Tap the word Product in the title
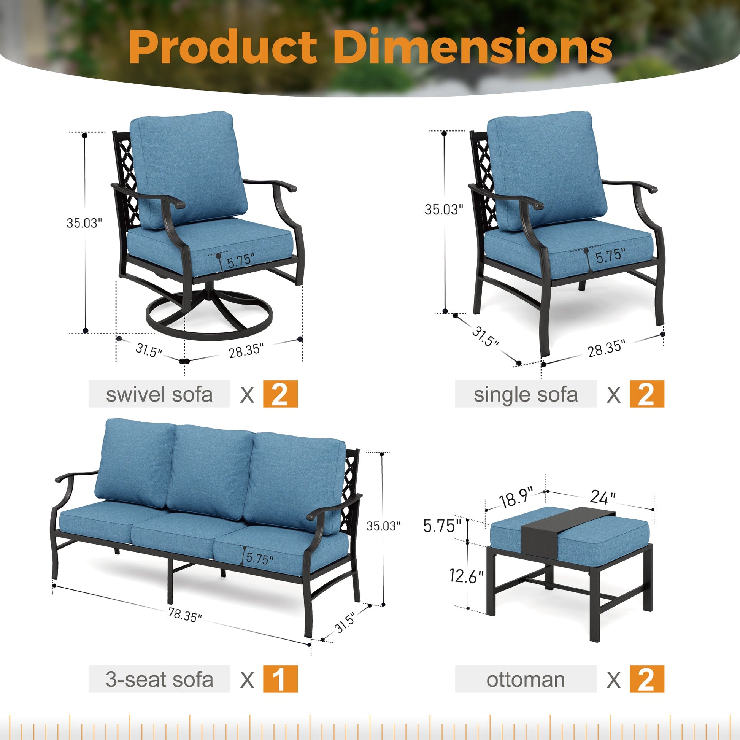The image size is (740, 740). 223,47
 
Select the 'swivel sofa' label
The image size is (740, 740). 159,394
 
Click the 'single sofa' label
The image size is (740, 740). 526,394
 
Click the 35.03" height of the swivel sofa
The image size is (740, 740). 84,223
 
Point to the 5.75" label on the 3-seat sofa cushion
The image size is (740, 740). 260,559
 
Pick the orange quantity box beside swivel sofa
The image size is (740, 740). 280,394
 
